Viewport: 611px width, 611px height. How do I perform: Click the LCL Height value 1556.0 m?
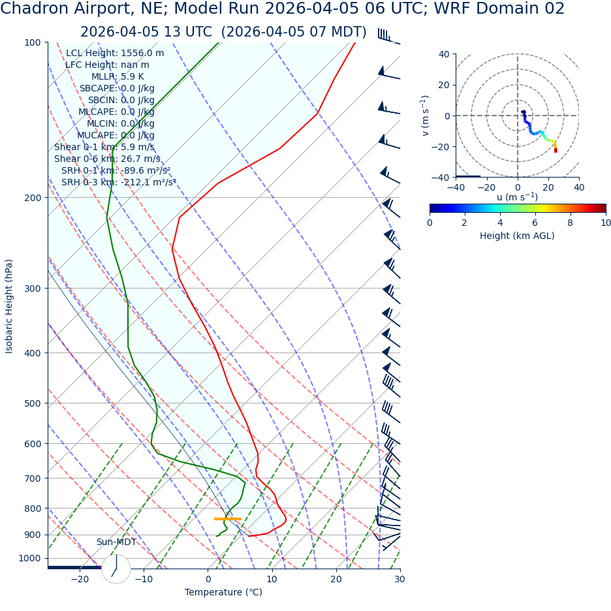142,54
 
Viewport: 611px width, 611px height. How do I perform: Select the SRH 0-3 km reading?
119,183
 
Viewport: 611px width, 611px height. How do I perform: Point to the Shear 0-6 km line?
107,159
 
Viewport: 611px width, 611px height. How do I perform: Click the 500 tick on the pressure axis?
33,403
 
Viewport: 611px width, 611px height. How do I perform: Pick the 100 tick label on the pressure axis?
33,43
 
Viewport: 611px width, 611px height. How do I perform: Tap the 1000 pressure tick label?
29,559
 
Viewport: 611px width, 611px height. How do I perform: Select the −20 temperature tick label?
79,580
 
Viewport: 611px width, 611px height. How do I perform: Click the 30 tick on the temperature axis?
399,580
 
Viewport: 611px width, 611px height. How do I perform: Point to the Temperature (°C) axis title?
223,593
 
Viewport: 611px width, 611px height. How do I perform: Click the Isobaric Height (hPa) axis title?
9,306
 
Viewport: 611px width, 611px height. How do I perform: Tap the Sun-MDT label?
116,542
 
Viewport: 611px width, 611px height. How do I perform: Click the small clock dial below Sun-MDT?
116,569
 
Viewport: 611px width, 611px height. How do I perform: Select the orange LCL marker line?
227,519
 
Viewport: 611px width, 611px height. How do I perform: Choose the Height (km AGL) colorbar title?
517,236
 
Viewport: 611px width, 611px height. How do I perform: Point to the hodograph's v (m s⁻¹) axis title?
426,116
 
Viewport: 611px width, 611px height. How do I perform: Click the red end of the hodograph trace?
556,151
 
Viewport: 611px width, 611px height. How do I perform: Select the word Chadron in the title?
33,9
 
